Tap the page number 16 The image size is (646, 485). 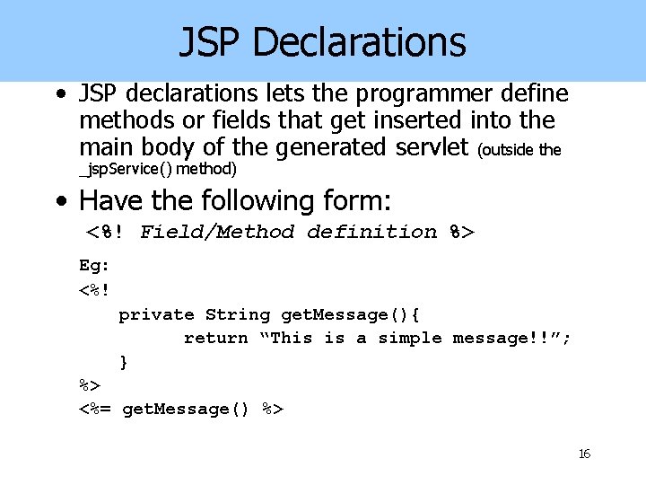pos(584,454)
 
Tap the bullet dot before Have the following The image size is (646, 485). pos(60,200)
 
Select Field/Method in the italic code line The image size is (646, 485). pos(216,233)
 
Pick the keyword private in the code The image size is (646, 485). pos(156,314)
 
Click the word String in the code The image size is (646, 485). pos(237,314)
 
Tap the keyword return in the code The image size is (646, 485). pos(215,339)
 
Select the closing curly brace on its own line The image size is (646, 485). pos(124,362)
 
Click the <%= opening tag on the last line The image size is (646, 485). pos(95,410)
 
